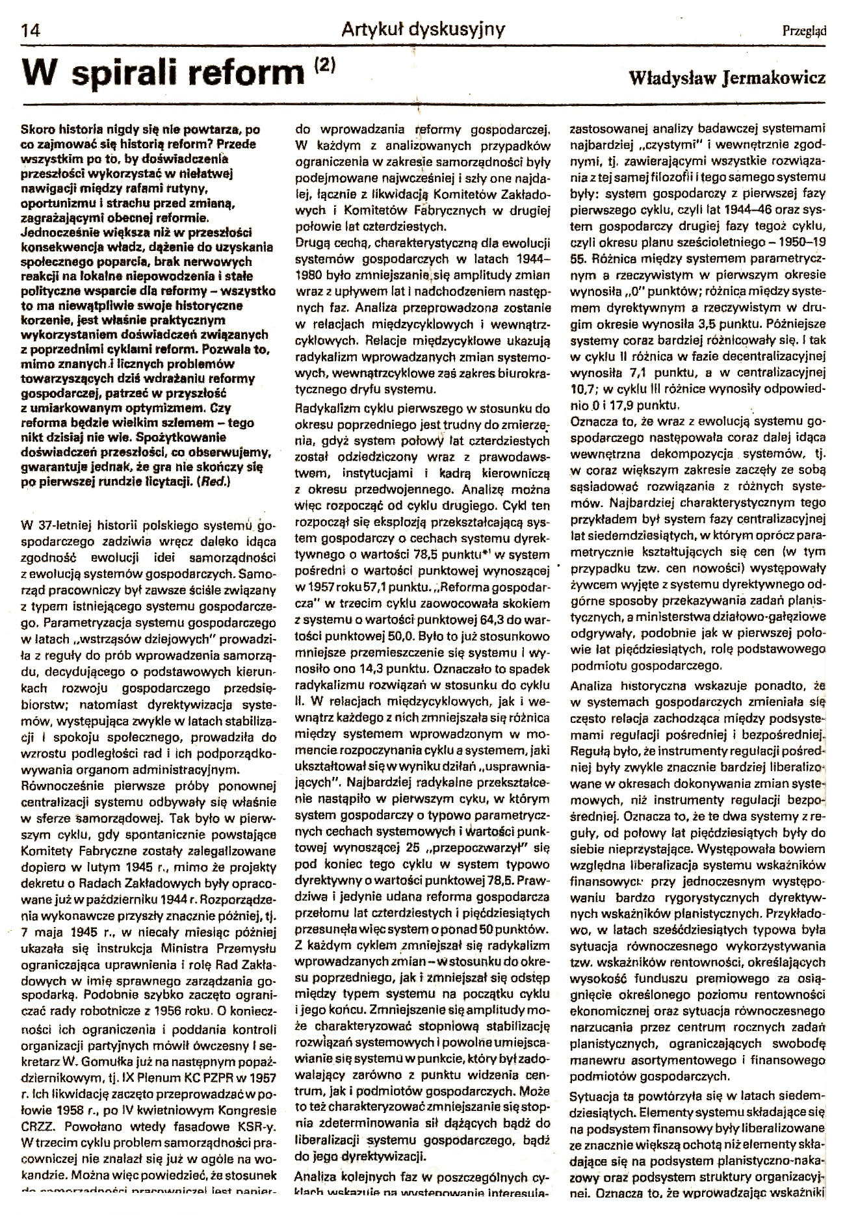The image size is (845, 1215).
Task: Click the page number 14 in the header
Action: [31, 30]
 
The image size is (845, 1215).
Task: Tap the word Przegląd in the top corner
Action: [804, 30]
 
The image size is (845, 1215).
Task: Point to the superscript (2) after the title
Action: [324, 65]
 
